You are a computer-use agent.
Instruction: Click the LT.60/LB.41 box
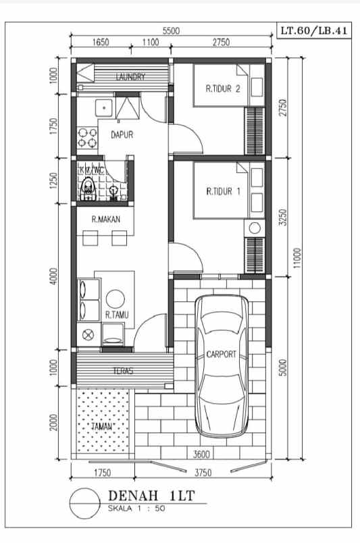point(314,32)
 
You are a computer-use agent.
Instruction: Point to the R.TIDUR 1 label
point(223,191)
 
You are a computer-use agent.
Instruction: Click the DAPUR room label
point(122,134)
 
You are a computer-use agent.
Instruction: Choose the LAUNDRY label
point(130,77)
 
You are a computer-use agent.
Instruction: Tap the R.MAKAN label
point(106,219)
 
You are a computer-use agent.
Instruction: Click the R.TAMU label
point(117,314)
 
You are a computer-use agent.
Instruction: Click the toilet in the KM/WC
point(86,188)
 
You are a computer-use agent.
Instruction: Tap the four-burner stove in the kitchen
point(86,137)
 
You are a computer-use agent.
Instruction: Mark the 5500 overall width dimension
point(171,31)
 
